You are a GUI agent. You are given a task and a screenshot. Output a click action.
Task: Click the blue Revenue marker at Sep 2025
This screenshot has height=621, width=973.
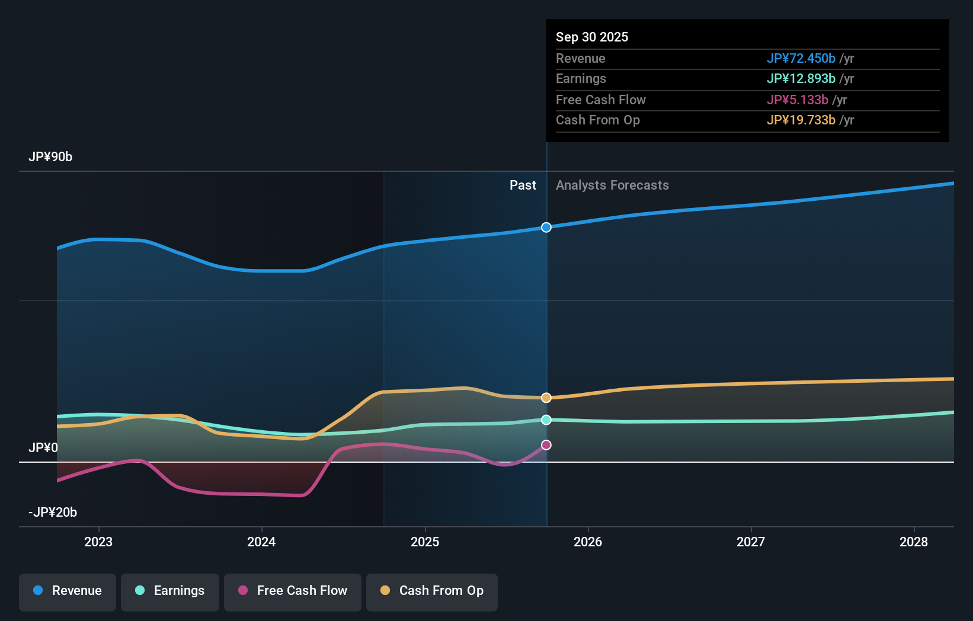pos(546,228)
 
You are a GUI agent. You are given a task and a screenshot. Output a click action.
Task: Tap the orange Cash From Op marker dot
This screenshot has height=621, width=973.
pos(546,398)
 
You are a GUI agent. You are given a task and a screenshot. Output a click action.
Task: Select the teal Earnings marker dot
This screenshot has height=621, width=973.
pos(546,420)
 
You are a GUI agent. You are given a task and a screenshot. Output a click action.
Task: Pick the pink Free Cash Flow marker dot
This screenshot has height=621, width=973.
pos(546,445)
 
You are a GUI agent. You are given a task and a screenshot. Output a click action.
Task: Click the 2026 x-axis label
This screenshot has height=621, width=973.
pos(588,542)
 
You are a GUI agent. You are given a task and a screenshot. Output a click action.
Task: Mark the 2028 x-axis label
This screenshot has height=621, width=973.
pos(914,542)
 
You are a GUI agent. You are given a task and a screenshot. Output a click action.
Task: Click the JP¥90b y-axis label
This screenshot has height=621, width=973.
pos(50,157)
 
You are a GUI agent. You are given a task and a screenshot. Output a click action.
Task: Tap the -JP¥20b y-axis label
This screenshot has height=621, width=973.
pos(53,513)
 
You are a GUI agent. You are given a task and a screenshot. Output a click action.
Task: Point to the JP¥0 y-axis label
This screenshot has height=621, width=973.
pos(43,448)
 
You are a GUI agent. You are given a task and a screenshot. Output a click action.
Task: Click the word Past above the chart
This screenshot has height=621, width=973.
pos(523,185)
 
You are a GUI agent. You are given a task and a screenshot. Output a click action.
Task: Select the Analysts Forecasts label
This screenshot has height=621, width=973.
pos(612,185)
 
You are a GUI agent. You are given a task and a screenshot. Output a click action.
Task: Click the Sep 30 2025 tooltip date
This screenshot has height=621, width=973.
pos(592,37)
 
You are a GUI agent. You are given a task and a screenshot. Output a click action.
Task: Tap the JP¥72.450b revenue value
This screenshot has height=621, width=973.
pos(801,59)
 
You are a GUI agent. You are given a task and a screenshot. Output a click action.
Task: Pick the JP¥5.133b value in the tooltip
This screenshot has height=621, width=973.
pos(797,100)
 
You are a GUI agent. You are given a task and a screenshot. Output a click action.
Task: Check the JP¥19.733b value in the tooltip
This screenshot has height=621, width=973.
pos(801,120)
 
